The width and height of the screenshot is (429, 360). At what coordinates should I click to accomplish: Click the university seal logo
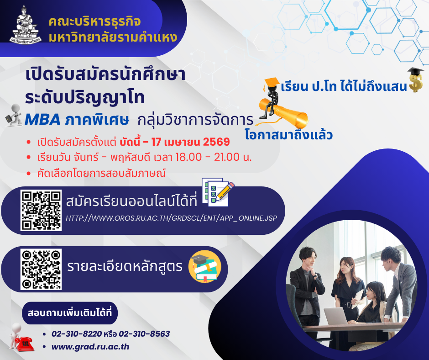pos(25,25)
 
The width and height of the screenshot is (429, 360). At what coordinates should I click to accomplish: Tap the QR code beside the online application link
pos(41,211)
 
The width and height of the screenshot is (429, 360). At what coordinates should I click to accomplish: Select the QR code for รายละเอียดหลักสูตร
pos(41,270)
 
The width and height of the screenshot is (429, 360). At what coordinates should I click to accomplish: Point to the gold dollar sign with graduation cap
pos(415,80)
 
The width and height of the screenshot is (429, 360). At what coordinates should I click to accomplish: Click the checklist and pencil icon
pos(218,192)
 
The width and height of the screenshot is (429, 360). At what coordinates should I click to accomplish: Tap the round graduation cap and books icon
pos(204,266)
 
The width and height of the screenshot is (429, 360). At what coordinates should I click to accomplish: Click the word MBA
pos(43,120)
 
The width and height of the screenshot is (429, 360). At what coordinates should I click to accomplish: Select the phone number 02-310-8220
pos(77,334)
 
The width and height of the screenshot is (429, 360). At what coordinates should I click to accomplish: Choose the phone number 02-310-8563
pos(144,334)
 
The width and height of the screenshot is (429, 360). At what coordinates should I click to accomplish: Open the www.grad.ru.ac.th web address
pos(90,347)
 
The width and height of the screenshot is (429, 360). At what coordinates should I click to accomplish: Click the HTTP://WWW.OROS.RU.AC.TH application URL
pos(172,218)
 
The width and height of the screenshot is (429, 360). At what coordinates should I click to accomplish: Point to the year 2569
pos(216,142)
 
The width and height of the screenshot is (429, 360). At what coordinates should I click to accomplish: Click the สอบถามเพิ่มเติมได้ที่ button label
pos(70,313)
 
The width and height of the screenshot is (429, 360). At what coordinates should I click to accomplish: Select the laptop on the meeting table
pos(335,316)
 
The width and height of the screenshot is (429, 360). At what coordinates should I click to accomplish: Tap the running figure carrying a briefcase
pos(14,115)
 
